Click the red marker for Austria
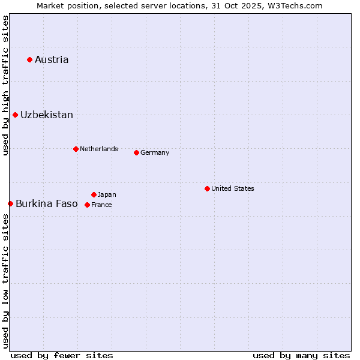click(x=29, y=59)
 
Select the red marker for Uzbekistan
click(x=15, y=115)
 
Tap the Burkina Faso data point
click(x=10, y=203)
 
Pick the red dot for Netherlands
click(x=76, y=149)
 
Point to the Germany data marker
click(x=136, y=152)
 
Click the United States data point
click(x=207, y=188)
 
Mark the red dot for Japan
click(x=94, y=194)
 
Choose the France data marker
click(x=87, y=205)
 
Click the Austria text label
click(x=52, y=59)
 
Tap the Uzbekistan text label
click(x=47, y=115)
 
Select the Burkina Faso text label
click(x=47, y=203)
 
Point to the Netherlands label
click(x=99, y=149)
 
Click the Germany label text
click(x=155, y=152)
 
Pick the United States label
click(x=233, y=188)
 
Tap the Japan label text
click(x=107, y=194)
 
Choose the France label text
click(x=101, y=205)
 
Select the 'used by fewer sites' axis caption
click(x=62, y=355)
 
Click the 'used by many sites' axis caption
click(x=301, y=355)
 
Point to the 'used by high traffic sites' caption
click(x=5, y=85)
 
